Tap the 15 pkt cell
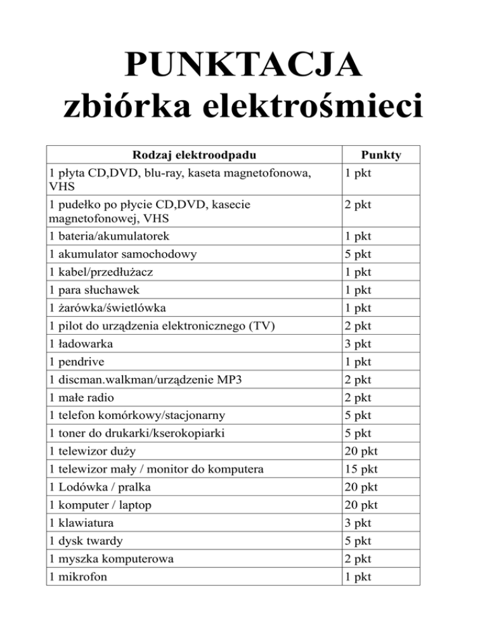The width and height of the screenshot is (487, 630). tap(360, 470)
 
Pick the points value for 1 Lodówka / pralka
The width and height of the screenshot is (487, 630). tap(360, 487)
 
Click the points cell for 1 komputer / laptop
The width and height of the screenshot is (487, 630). tap(360, 505)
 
